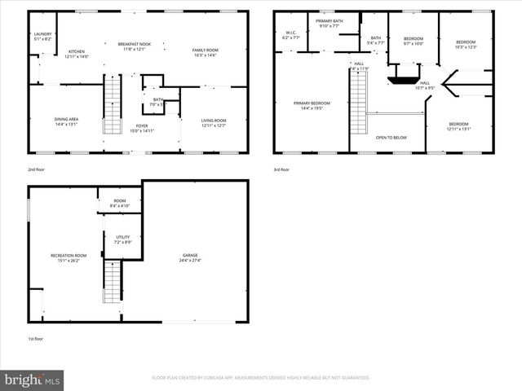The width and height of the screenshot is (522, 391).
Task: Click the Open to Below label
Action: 391,138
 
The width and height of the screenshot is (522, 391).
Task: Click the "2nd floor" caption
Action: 36,169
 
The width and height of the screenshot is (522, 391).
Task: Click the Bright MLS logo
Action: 33,380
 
